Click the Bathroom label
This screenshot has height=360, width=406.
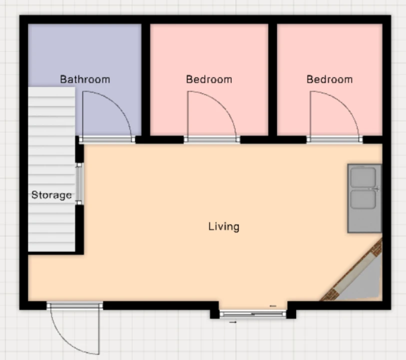pos(85,79)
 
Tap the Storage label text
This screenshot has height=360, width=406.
pos(51,195)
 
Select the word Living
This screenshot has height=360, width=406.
pos(224,226)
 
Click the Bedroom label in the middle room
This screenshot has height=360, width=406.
pos(209,79)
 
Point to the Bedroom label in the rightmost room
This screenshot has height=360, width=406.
pos(330,79)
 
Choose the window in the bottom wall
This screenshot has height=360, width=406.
pos(253,314)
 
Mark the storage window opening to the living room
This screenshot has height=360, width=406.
pos(79,184)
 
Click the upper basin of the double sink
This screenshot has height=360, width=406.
pos(363,177)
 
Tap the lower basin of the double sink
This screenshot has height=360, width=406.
pos(363,199)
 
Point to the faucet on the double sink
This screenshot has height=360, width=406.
pos(377,188)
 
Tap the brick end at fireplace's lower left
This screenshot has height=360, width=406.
pos(330,295)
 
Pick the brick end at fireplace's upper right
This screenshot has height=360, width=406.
pos(377,248)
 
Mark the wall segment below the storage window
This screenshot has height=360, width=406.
pos(79,229)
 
